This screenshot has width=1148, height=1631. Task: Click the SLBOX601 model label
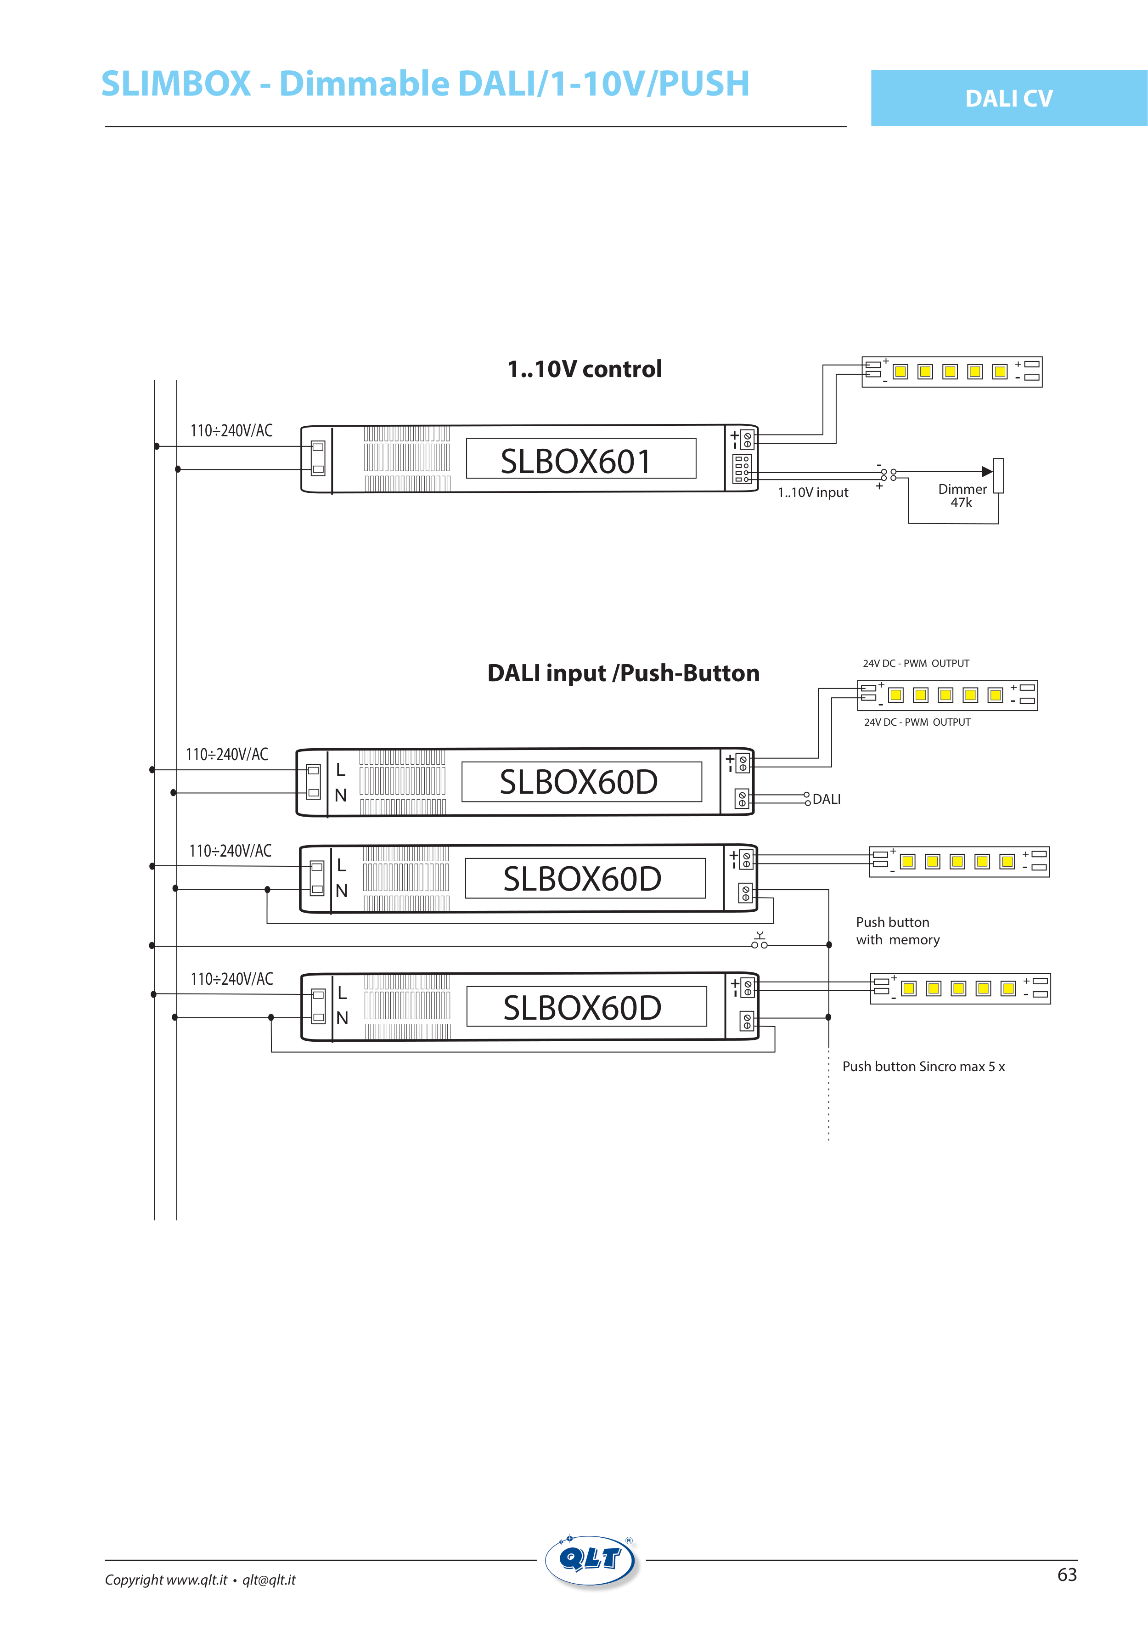point(575,461)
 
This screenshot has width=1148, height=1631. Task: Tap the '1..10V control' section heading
point(584,369)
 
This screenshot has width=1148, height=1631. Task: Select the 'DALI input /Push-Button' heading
point(623,673)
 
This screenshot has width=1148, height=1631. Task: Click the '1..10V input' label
point(813,493)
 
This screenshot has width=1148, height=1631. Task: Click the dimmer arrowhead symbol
point(987,471)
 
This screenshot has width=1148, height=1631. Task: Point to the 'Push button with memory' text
point(897,931)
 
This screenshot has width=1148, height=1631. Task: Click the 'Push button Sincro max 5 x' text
point(923,1066)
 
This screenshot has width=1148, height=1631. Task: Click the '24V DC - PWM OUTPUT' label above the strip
point(916,664)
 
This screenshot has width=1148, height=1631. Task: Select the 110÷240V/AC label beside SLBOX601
point(231,430)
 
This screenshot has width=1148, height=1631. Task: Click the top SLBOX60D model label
point(578,782)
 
